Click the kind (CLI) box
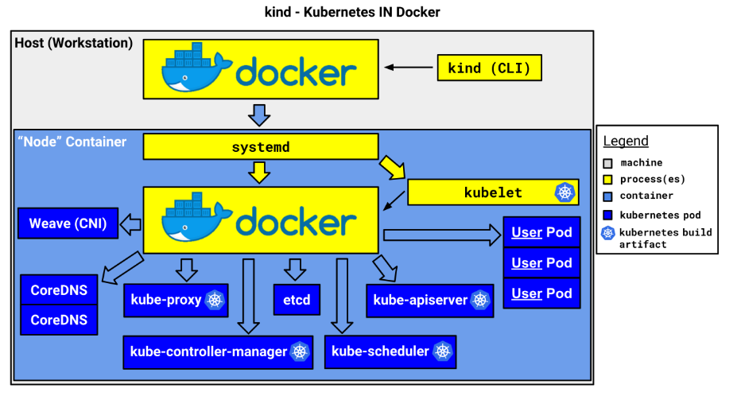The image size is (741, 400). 489,68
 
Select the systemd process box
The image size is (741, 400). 260,147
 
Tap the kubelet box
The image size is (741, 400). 492,192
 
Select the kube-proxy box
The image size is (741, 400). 176,300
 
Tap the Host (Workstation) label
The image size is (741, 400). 74,43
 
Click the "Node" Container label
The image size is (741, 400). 72,142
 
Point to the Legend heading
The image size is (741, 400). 626,141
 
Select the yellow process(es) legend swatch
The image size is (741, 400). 608,180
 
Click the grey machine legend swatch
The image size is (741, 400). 608,163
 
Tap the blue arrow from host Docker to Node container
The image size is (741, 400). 259,115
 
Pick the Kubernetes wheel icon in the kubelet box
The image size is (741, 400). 564,192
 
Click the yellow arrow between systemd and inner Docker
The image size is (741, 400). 259,171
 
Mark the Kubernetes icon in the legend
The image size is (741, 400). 608,233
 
